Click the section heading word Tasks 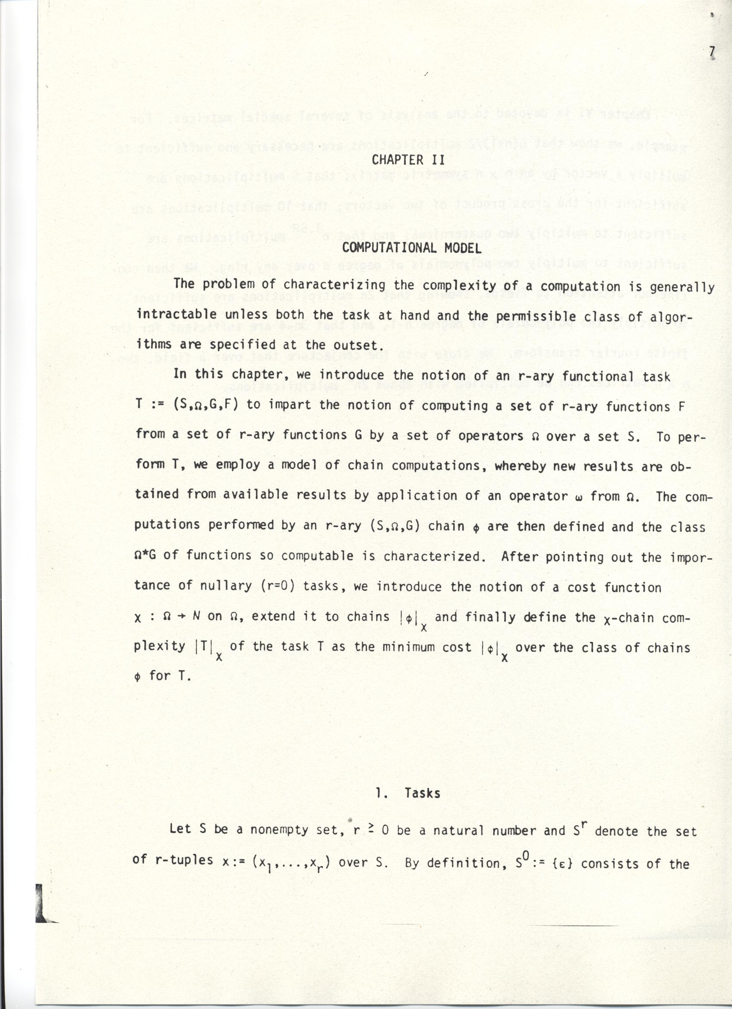click(422, 793)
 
